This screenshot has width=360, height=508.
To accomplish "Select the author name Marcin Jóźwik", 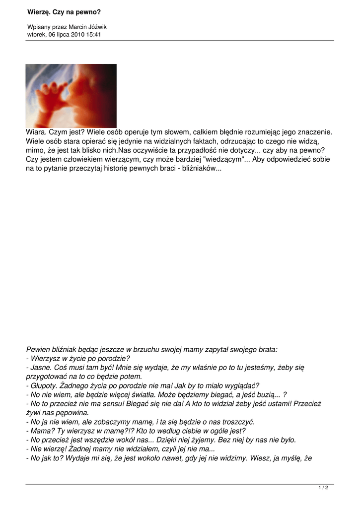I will [x=88, y=27].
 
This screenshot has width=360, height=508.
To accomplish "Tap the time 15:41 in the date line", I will [x=93, y=35].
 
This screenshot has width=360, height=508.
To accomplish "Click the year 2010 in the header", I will [x=76, y=35].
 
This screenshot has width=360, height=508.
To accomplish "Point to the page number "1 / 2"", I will [x=323, y=488].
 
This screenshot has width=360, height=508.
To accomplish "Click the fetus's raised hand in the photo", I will [x=52, y=90].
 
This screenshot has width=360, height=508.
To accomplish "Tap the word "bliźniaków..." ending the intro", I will [x=199, y=169].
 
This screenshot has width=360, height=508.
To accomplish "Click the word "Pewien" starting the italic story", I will [x=37, y=349].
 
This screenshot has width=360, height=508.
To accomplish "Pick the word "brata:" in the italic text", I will [x=266, y=349].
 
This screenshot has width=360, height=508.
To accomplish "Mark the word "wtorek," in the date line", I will [x=37, y=35].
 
